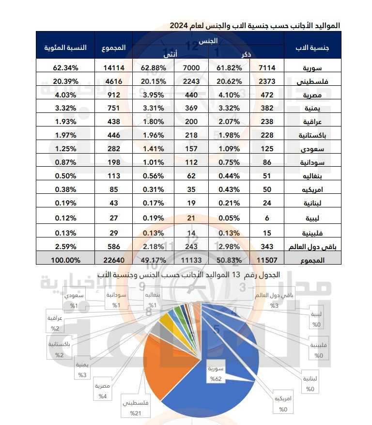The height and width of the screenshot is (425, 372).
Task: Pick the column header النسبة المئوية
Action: click(x=66, y=47)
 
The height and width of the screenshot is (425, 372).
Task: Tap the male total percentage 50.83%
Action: click(x=230, y=260)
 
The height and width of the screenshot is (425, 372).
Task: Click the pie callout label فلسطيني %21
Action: click(x=136, y=408)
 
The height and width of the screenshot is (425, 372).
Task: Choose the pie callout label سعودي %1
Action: click(x=76, y=300)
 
